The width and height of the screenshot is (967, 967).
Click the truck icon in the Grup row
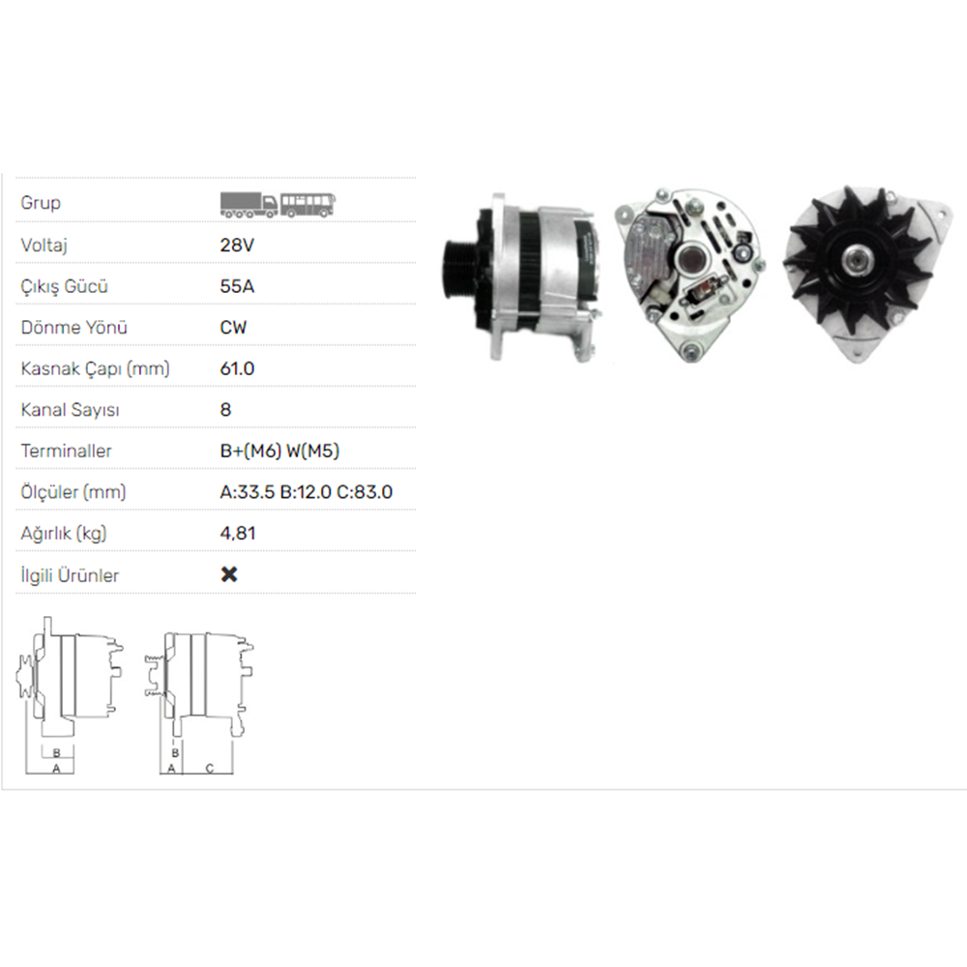point(249,203)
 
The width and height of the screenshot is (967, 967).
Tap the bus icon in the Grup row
point(309,203)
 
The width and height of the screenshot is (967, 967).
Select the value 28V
point(237,246)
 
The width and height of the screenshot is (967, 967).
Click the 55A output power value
point(237,286)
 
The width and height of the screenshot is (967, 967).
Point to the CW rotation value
point(234,327)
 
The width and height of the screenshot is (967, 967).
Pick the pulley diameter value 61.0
point(238,368)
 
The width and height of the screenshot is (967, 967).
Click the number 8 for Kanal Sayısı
point(226,409)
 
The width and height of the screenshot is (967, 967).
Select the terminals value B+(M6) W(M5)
point(280,451)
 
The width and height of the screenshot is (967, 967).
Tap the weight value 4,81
point(238,533)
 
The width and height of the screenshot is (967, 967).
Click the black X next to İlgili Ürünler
point(229,574)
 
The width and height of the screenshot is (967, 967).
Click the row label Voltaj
point(44,246)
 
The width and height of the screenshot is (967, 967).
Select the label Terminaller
point(66,451)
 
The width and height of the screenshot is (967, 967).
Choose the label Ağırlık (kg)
point(63,533)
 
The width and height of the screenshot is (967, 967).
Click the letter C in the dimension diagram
point(209,769)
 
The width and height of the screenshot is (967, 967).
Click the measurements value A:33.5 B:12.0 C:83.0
point(307,491)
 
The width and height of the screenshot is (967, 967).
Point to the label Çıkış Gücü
point(64,286)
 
